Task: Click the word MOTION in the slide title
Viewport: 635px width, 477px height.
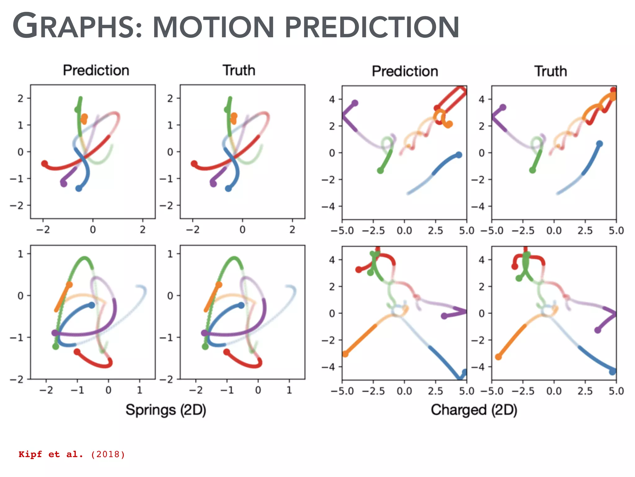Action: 213,27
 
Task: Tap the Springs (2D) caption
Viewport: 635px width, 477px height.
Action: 166,410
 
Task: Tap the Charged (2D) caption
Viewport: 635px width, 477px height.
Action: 474,410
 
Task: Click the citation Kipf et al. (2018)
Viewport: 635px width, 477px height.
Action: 72,454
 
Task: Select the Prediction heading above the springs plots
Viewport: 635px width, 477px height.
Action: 96,70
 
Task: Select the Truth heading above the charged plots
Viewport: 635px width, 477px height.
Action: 550,71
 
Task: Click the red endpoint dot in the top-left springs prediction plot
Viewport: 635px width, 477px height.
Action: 45,163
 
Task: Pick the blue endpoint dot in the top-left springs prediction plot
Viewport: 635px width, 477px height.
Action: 79,189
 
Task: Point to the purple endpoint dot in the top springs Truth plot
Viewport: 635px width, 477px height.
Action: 213,184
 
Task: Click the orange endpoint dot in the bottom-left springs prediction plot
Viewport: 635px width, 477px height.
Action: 69,284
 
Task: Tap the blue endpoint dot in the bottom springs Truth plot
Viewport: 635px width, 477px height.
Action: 241,305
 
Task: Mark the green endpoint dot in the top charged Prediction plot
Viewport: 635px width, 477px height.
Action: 380,170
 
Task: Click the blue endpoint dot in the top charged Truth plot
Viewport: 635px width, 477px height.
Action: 599,144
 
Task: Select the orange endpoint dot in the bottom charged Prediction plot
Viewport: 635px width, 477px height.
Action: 345,354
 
